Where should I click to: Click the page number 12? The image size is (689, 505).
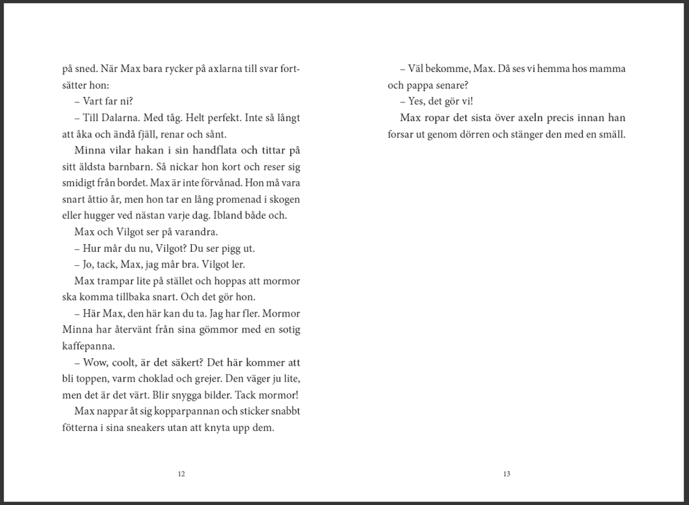click(x=181, y=473)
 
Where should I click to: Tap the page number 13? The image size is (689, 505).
click(x=507, y=473)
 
